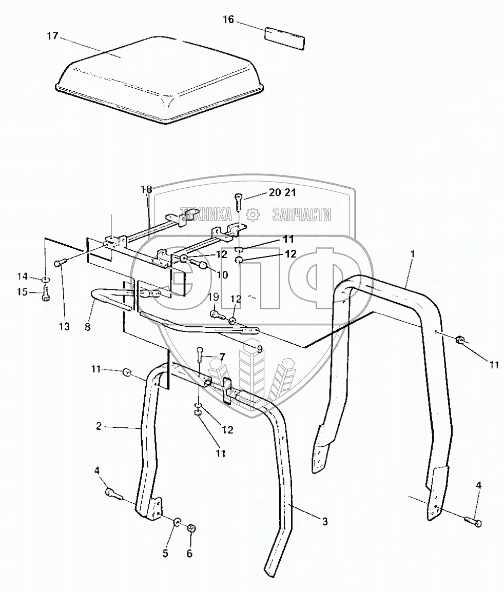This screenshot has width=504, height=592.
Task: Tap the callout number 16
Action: (x=228, y=20)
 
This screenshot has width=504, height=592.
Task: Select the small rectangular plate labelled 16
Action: (x=284, y=38)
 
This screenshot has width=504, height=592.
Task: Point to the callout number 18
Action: (x=147, y=190)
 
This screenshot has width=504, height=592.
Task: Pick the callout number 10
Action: (x=222, y=275)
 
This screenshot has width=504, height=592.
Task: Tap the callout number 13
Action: (x=64, y=327)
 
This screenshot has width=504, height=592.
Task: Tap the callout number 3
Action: (x=325, y=522)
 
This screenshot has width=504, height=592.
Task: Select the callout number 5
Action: (x=166, y=554)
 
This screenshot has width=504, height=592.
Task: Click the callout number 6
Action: (x=189, y=554)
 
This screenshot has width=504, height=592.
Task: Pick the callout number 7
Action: (x=222, y=357)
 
